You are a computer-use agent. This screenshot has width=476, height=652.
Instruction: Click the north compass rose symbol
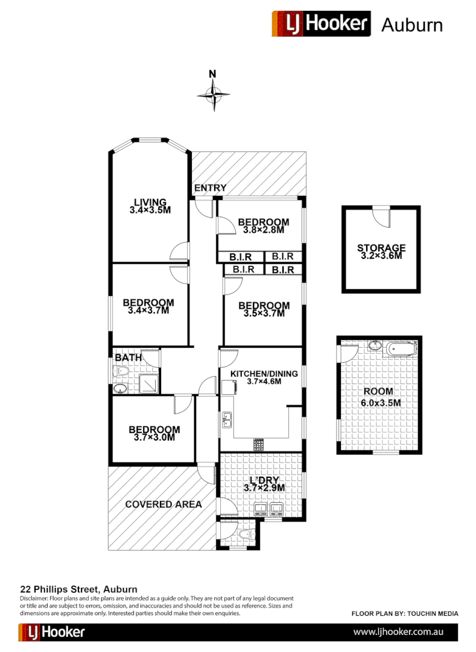[x=213, y=94]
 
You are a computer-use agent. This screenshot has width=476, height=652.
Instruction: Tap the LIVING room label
[x=150, y=202]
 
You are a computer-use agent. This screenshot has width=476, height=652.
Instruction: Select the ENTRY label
[x=210, y=188]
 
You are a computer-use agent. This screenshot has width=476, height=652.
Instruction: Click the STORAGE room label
[x=381, y=248]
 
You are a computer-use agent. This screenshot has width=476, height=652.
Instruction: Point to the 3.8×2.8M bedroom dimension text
[x=263, y=230]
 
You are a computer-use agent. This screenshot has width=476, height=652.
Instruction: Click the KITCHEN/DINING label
[x=264, y=374]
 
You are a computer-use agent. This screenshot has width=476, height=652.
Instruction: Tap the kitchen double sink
[x=227, y=419]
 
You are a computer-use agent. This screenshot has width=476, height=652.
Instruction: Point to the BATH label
[x=128, y=357]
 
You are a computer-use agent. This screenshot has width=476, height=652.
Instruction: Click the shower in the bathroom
[x=149, y=383]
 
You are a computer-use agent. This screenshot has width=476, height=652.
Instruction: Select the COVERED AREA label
[x=163, y=504]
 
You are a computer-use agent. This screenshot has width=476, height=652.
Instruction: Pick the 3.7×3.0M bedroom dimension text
[x=154, y=438]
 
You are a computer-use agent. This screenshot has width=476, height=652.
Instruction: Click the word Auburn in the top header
[x=412, y=25]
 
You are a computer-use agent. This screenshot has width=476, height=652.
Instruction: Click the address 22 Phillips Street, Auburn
[x=79, y=589]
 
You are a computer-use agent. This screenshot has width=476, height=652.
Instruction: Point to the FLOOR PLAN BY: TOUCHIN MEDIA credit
[x=405, y=613]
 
